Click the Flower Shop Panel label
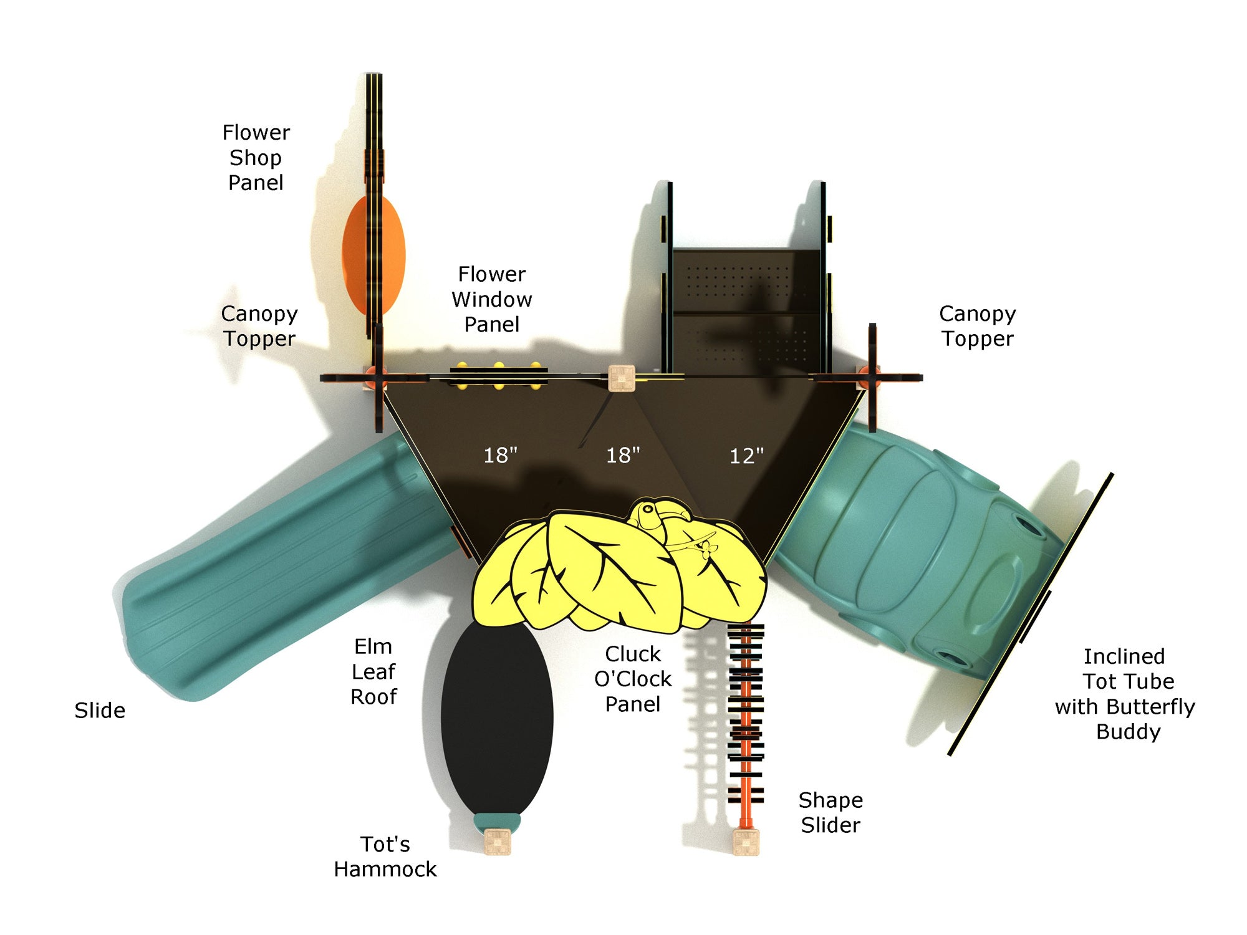coord(256,158)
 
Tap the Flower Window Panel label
coord(492,299)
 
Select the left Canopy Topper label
coord(259,326)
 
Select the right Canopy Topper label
coord(977,326)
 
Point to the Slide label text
coord(100,711)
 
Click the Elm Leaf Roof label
coord(373,671)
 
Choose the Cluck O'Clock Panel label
coord(633,679)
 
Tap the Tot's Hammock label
coord(385,856)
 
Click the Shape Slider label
coord(831,812)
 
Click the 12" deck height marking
coord(746,456)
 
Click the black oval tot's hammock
coord(497,717)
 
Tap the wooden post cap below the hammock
coord(497,841)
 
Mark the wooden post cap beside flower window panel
coord(622,378)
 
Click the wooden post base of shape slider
coord(746,842)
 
